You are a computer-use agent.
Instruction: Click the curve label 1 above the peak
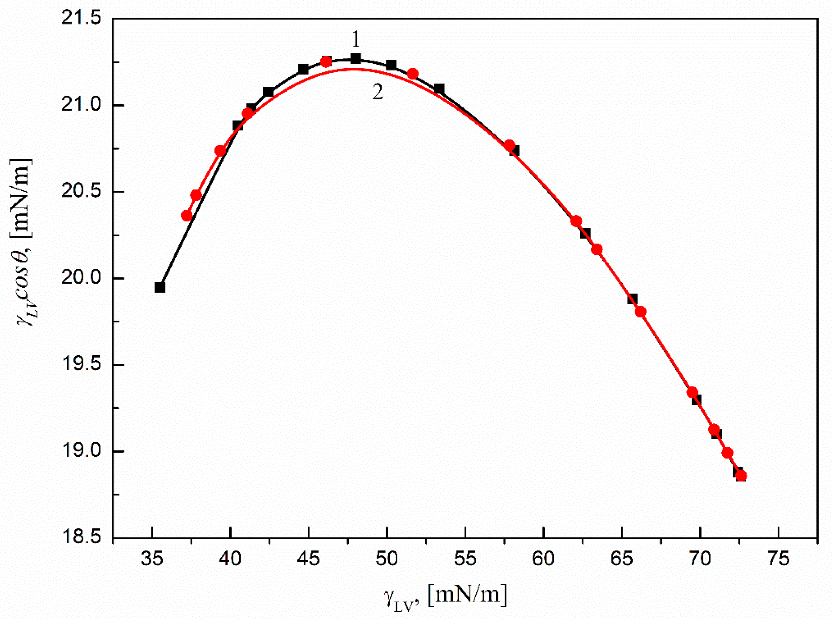[355, 39]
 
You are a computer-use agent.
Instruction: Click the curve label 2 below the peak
[377, 92]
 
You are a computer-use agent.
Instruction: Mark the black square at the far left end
[160, 288]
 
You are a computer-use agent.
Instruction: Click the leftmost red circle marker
[187, 216]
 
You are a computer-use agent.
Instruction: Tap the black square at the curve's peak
[356, 59]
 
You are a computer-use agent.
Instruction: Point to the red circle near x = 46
[326, 61]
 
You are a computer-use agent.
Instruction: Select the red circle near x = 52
[412, 74]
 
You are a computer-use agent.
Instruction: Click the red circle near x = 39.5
[221, 151]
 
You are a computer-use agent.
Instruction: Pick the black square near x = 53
[439, 89]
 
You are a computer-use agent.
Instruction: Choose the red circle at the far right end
[741, 476]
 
